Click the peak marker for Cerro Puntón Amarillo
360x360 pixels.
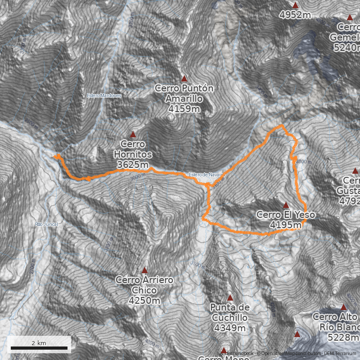184,79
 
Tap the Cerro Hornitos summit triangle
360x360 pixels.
133,135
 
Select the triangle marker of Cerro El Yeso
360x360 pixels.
286,205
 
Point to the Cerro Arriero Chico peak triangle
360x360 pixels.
144,270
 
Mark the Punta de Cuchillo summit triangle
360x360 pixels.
230,298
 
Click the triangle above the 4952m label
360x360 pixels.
296,5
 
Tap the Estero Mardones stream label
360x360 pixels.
104,95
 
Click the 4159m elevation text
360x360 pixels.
184,108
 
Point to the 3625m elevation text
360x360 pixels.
133,165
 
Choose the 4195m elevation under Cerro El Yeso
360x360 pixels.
286,224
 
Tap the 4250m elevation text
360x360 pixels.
144,300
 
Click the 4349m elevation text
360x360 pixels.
230,328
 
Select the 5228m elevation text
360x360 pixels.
343,337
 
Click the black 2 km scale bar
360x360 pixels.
39,348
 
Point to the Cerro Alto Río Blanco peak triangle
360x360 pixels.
344,308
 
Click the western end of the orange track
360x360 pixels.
54,156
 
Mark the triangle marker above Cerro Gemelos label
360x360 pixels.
350,18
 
